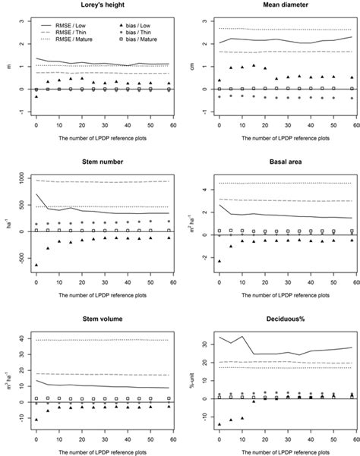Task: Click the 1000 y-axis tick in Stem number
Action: click(19, 179)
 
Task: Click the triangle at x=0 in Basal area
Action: click(219, 260)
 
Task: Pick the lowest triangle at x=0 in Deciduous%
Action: click(219, 424)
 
